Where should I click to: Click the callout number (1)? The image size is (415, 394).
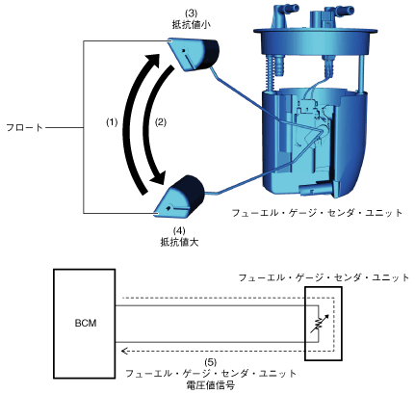coord(112,122)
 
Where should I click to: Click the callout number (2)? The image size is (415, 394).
coord(161,122)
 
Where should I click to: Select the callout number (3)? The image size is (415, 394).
coord(191,13)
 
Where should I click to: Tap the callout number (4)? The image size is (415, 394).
coord(179,230)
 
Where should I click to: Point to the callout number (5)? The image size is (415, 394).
coord(211,362)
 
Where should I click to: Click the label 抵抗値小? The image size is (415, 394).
coord(192,25)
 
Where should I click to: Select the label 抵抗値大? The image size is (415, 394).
coord(179,242)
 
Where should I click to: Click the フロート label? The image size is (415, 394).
coord(25,128)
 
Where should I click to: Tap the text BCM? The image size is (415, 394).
coord(86,323)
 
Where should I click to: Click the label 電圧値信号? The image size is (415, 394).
coord(211,384)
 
